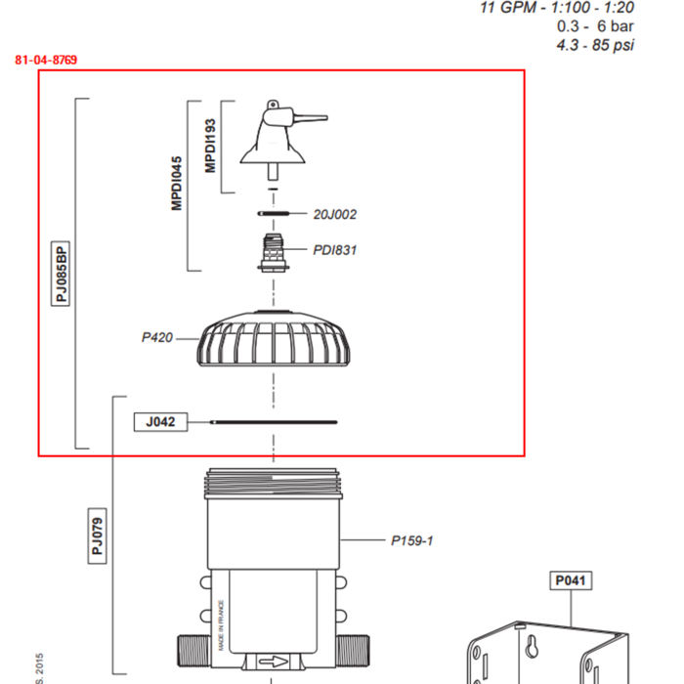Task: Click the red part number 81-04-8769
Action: coord(46,60)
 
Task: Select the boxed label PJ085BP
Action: coord(62,274)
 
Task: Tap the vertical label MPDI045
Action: coord(177,183)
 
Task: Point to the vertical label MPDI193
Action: coord(210,147)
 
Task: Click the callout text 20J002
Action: coord(335,214)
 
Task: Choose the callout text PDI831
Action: coord(335,250)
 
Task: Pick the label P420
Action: coord(156,338)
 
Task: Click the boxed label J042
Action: coord(160,422)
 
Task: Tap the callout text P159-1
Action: coord(411,539)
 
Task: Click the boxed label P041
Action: coord(571,580)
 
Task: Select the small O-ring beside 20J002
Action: coord(274,213)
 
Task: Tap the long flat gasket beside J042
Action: coord(274,422)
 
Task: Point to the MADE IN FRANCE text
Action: coord(222,625)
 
